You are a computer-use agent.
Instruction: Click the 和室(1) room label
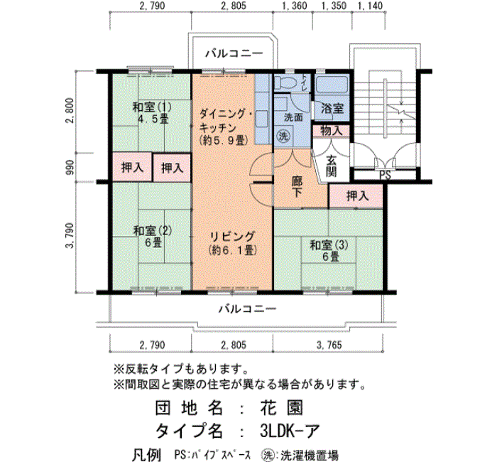click(x=152, y=107)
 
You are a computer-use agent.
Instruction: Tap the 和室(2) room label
click(x=153, y=231)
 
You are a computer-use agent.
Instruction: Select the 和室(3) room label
click(x=329, y=245)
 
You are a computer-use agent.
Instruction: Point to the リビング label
click(x=232, y=237)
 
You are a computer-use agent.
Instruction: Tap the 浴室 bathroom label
click(x=332, y=108)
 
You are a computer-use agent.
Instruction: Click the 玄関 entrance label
click(x=332, y=166)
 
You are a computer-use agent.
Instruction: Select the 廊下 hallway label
click(x=297, y=186)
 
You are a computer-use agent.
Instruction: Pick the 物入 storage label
click(x=332, y=130)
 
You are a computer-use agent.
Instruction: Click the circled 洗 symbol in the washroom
click(x=283, y=136)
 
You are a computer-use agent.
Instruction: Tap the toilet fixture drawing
click(x=286, y=82)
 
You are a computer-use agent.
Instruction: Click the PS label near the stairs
click(x=385, y=175)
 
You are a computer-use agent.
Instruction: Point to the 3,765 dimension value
click(x=329, y=345)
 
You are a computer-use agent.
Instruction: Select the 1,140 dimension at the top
click(x=370, y=6)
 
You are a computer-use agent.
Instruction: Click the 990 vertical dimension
click(x=70, y=167)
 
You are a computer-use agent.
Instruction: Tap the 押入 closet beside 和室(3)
click(x=357, y=195)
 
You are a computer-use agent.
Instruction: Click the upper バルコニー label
click(x=234, y=53)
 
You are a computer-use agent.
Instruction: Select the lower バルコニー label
click(x=248, y=308)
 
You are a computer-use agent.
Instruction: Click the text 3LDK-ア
click(x=290, y=431)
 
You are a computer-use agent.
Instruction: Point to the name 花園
click(x=282, y=408)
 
